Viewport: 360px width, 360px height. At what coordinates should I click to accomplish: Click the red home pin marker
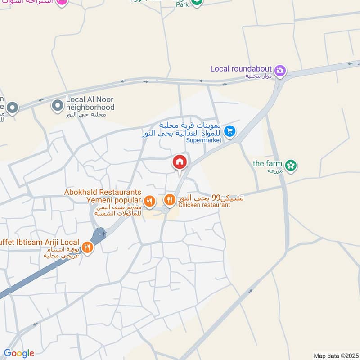[180, 162]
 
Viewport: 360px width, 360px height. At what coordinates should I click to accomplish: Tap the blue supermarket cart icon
[229, 131]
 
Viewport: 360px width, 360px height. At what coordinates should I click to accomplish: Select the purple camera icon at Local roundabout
[280, 71]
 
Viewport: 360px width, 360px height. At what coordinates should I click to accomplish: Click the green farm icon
[292, 166]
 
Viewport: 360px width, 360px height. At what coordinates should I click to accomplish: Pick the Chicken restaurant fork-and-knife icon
[170, 199]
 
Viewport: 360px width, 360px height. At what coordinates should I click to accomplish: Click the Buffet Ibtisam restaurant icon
[87, 247]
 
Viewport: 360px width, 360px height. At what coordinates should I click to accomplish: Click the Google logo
[19, 353]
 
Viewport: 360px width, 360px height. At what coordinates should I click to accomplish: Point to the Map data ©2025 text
[335, 355]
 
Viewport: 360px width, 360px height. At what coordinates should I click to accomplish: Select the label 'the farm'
[267, 163]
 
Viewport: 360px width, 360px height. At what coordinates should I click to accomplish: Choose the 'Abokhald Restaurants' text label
[103, 192]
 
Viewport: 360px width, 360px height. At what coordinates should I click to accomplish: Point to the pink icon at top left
[63, 2]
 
